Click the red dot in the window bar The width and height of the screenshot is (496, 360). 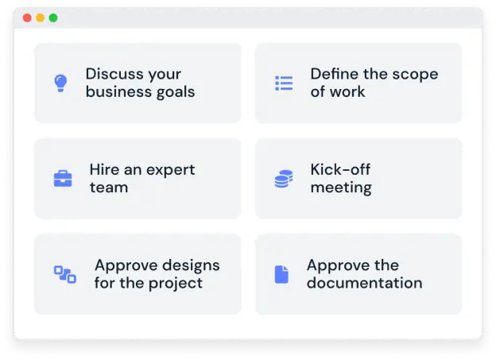coord(27,17)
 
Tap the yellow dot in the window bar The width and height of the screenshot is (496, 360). coord(40,17)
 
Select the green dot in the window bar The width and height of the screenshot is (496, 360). coord(52,17)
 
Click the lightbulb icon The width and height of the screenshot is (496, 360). coord(60,83)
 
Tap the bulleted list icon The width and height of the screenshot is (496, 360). coord(284,83)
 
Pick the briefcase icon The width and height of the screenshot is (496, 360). coord(63,178)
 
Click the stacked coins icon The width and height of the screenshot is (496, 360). coord(283,179)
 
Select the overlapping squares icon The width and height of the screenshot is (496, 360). coord(64,274)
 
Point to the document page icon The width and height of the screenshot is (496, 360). coord(281,274)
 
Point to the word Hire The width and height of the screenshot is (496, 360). coord(104,169)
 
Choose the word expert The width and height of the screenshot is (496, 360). coord(169,169)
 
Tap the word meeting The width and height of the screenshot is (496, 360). coord(341,188)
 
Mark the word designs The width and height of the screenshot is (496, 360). coord(188,265)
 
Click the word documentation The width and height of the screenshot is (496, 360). coord(364,283)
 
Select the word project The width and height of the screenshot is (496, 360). coord(176,283)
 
